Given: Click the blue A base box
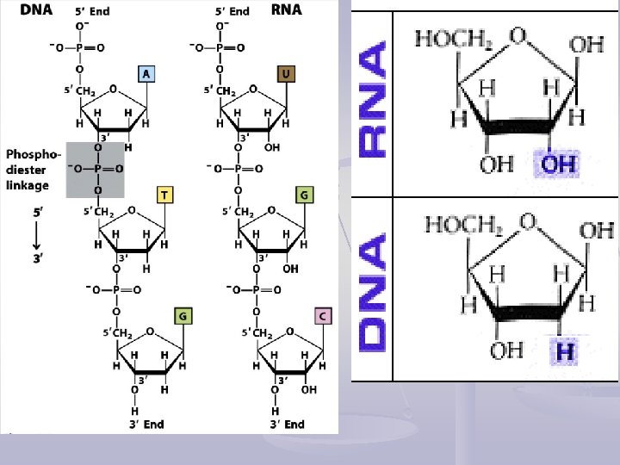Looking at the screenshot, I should [147, 74].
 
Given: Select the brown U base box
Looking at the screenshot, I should [285, 74].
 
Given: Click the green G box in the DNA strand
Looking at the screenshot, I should [182, 316].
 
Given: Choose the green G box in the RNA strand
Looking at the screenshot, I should [302, 195].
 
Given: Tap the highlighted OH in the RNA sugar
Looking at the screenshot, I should [559, 164].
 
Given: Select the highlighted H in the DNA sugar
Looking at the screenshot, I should [565, 351].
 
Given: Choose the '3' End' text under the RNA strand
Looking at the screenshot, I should [287, 424].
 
